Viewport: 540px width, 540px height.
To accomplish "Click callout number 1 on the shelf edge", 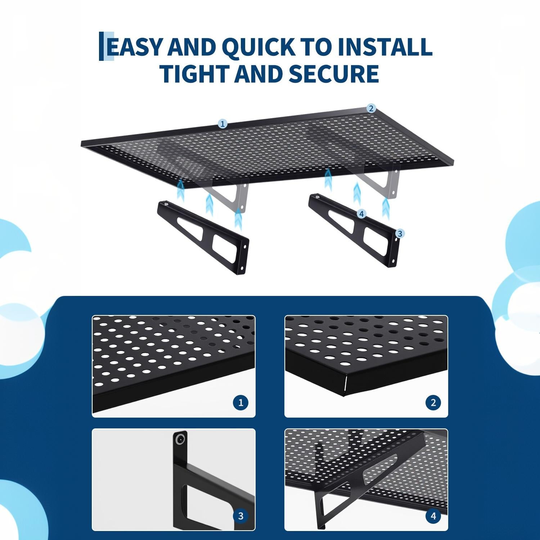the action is click(x=222, y=124).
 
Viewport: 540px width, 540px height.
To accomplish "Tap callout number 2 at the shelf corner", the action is click(x=371, y=108).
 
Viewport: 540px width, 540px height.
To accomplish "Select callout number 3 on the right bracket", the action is click(x=399, y=234).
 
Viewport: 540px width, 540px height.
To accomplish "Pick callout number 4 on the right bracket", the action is click(x=361, y=214).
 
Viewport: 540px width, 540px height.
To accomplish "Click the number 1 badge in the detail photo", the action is click(x=240, y=402).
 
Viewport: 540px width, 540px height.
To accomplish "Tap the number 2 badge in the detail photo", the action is click(x=433, y=402).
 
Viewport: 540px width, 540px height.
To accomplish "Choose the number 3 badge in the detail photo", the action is click(x=240, y=516).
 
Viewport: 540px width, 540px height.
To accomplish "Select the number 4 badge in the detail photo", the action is click(x=433, y=516).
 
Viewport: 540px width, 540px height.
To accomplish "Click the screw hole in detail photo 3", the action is click(x=180, y=439).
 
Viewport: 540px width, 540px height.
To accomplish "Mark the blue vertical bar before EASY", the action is click(x=102, y=46).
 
